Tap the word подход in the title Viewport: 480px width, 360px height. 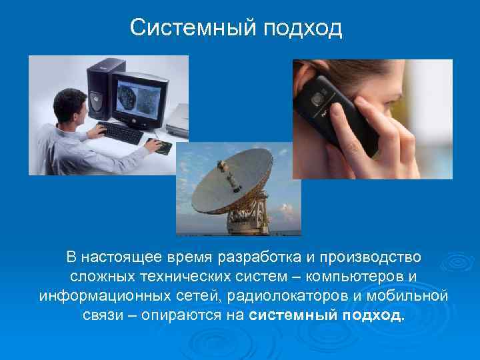point(303,28)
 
